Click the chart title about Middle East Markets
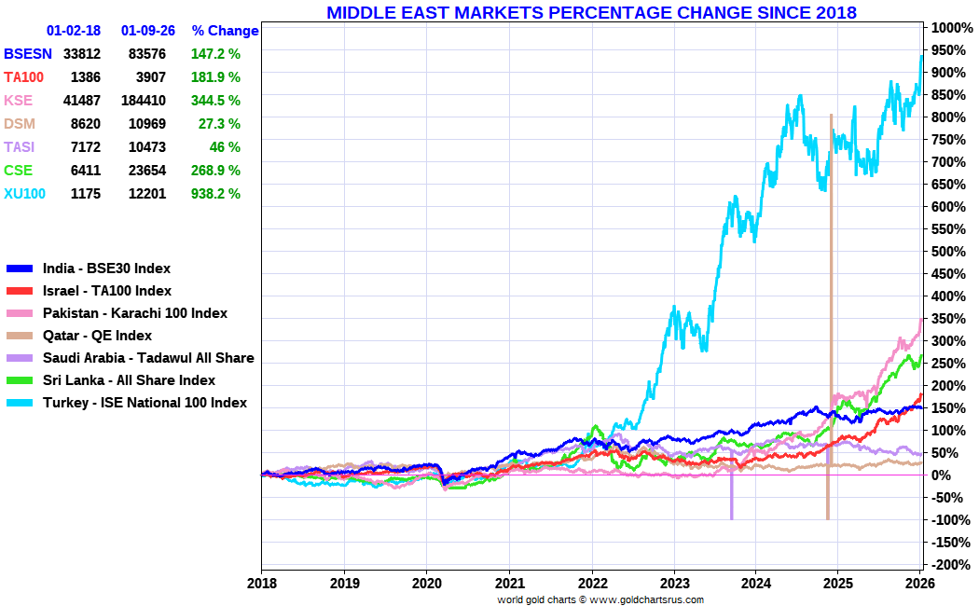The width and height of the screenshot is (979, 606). (x=591, y=12)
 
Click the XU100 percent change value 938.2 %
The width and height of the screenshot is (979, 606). (x=216, y=194)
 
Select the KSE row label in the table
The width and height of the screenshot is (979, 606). (x=18, y=101)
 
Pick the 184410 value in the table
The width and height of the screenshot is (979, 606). (x=146, y=101)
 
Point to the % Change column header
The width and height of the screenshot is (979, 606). (x=225, y=31)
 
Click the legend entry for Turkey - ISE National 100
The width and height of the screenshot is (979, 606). (x=145, y=403)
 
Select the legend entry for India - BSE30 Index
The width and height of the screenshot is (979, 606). (x=106, y=269)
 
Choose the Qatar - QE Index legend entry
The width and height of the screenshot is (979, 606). (x=97, y=336)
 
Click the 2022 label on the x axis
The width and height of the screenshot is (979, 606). (x=592, y=582)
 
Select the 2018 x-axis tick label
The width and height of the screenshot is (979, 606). (x=262, y=582)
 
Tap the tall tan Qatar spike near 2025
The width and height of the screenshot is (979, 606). (x=830, y=280)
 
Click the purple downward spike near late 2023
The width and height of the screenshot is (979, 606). (x=731, y=494)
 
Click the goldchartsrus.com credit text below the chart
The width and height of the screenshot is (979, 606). (x=600, y=599)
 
